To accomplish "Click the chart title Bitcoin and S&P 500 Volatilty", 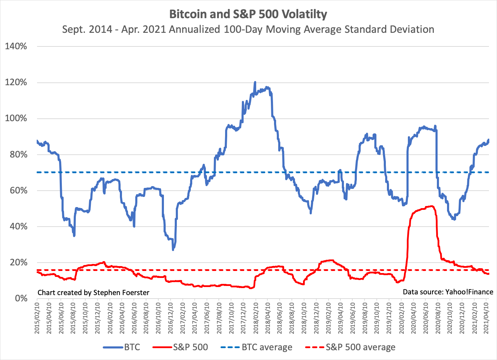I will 248,14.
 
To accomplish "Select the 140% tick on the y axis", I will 16,46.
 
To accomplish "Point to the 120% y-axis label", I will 16,82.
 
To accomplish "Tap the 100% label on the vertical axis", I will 16,118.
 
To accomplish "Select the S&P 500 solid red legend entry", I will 180,347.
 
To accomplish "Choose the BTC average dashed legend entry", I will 257,347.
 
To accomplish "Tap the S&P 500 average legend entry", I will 350,347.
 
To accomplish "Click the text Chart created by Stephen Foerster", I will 93,293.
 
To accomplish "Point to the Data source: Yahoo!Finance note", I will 448,292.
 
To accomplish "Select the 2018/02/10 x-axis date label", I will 255,319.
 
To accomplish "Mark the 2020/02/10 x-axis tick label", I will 401,319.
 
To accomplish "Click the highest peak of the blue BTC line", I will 255,82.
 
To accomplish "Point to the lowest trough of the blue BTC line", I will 173,250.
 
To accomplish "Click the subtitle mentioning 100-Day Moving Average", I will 248,29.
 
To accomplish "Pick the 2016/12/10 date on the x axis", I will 171,319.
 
